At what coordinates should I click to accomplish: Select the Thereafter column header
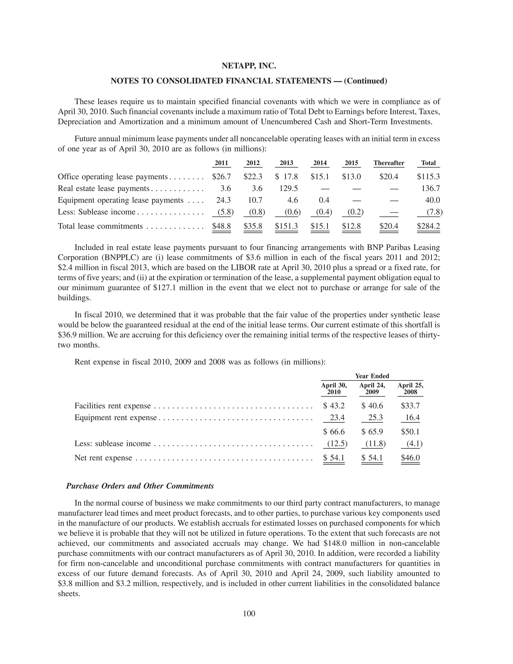pos(389,163)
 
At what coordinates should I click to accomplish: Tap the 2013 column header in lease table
pos(286,163)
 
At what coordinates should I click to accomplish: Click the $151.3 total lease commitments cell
pos(286,226)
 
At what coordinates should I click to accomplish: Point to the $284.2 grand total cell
pos(428,226)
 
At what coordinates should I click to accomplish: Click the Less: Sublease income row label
pos(96,212)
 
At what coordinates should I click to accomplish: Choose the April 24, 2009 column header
pos(372,389)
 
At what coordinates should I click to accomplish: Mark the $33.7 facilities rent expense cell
pos(410,406)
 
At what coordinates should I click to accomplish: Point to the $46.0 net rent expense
pos(410,458)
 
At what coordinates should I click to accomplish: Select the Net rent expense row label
pos(103,458)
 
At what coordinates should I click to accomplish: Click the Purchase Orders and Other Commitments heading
pos(140,486)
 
